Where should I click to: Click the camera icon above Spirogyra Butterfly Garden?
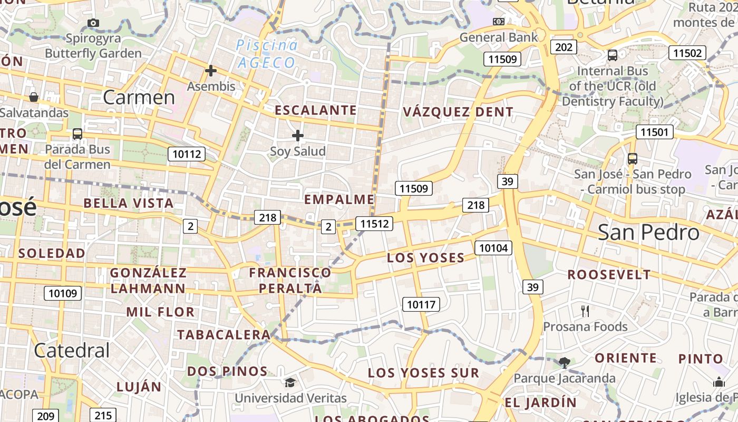93,23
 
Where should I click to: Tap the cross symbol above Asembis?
211,71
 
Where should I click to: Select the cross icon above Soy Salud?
298,136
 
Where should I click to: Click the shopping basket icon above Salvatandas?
34,97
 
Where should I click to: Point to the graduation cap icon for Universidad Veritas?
290,382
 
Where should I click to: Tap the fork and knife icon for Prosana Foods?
585,311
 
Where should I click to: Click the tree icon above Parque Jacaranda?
565,362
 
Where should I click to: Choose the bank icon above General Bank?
498,22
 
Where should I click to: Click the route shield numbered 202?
564,47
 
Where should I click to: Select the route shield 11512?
374,224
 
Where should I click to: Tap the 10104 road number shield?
493,247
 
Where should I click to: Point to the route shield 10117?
421,304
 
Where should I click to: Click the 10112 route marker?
187,154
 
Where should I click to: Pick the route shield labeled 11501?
654,132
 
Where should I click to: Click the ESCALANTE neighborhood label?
316,110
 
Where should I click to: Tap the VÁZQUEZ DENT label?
458,112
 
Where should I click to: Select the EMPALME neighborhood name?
339,199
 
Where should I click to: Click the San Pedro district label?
648,233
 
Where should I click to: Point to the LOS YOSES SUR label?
423,373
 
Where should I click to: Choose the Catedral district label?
72,350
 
